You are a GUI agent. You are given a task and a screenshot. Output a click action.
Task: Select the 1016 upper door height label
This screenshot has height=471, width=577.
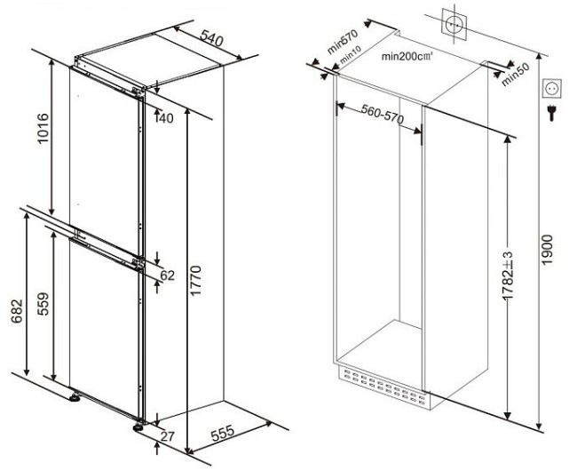pos(43,128)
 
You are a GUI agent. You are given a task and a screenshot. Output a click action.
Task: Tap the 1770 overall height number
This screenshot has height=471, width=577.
pos(195,280)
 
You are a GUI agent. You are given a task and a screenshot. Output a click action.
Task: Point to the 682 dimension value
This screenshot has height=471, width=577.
pos(17,312)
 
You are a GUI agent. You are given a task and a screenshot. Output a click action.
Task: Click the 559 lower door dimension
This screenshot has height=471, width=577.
pos(43,304)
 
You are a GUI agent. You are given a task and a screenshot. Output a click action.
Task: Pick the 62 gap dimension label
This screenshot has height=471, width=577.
pos(168,275)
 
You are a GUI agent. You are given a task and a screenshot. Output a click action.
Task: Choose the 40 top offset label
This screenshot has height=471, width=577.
pos(165,118)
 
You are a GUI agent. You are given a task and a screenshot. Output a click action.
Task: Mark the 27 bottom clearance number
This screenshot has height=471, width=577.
pos(168,436)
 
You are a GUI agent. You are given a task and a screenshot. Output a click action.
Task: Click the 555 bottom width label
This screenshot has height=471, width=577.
pos(222,433)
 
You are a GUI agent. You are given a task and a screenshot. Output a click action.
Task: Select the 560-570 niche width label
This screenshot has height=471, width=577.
pos(383,114)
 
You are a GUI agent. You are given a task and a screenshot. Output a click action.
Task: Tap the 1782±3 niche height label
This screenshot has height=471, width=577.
pos(508,275)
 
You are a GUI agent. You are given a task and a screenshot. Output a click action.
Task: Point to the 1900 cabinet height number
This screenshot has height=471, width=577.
pos(547,250)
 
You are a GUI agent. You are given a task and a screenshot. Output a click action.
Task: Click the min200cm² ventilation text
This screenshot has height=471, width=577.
pos(407,56)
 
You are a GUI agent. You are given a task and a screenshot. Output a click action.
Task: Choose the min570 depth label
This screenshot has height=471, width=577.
pos(343,42)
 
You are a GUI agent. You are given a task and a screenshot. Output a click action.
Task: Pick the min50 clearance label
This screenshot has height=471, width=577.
pos(515,75)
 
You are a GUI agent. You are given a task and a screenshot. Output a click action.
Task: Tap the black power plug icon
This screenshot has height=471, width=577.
pos(551,113)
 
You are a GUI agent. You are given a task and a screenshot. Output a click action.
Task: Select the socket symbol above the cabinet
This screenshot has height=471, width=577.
pos(454,24)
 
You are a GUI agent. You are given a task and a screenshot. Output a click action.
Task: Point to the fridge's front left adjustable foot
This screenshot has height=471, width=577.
pos(75,397)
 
